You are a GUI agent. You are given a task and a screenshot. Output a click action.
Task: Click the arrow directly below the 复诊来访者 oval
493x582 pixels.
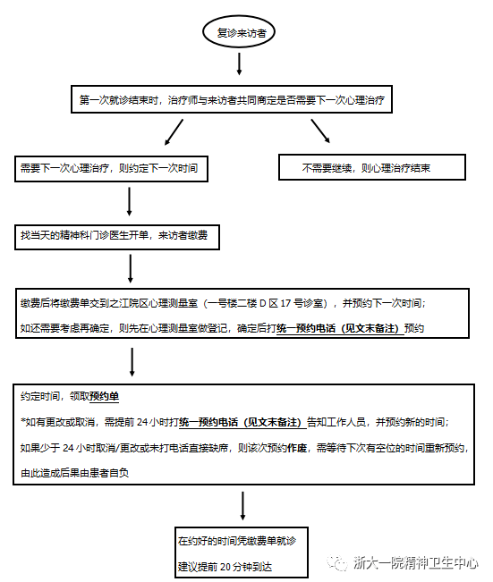tap(240, 63)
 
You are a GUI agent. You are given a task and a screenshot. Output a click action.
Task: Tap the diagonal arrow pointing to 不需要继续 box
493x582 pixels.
tap(319, 132)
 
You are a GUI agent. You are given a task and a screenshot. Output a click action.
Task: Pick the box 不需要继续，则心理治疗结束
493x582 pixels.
tap(372, 167)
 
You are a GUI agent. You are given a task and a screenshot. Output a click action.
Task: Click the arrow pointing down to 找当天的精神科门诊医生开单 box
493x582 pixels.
tap(131, 201)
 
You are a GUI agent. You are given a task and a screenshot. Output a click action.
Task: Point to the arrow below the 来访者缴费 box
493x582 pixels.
tap(131, 267)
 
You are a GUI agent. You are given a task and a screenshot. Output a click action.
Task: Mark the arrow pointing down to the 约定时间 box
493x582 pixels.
tap(132, 361)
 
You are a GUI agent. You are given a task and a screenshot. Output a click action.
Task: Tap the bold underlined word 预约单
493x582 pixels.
tap(105, 396)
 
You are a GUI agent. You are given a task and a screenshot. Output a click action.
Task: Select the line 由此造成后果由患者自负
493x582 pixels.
tap(74, 472)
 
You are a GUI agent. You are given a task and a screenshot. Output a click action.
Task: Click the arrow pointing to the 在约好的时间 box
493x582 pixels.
tap(242, 506)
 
